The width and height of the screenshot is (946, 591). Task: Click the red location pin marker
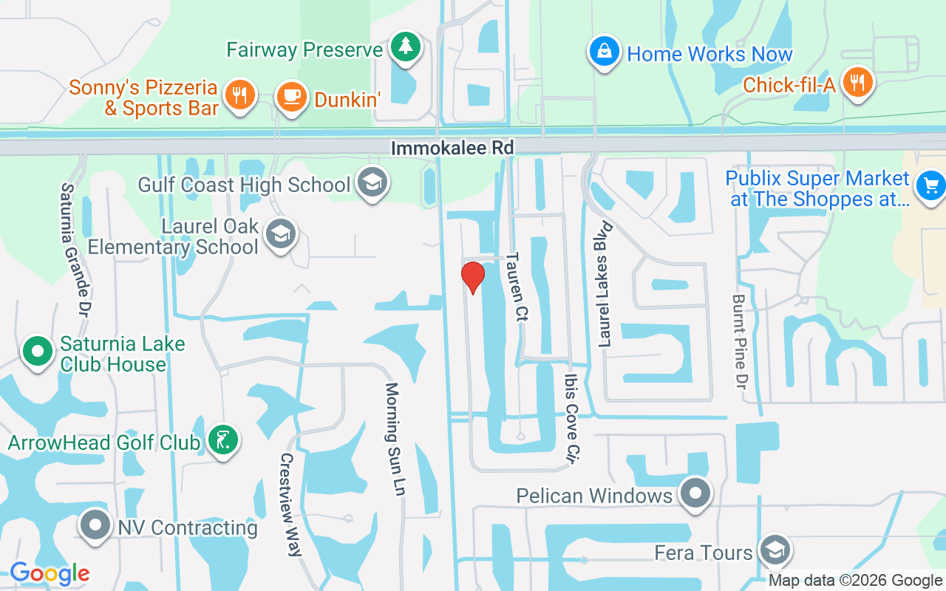(473, 277)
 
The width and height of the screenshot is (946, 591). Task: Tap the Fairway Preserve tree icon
(405, 47)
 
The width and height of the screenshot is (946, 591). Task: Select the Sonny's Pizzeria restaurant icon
(239, 95)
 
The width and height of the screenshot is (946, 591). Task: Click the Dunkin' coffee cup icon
(291, 97)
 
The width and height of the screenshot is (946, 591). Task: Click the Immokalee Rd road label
(452, 148)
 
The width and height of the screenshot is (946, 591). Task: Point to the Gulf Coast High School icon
(372, 182)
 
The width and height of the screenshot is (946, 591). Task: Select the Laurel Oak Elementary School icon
(280, 233)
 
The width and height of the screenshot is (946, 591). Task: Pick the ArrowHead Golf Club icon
(223, 440)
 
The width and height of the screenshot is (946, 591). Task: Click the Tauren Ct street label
(517, 287)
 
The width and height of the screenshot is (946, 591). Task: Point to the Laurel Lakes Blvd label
(605, 284)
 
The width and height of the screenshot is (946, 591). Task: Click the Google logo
(50, 573)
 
